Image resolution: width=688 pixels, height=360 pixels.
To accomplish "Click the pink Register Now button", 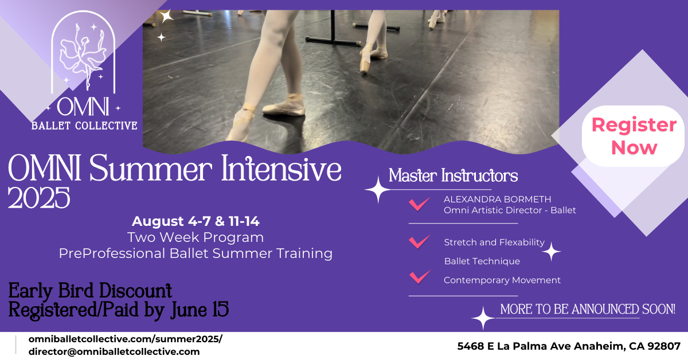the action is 634,136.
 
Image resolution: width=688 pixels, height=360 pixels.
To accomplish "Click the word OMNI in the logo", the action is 83,107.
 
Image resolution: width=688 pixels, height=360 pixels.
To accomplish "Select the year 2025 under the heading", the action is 39,198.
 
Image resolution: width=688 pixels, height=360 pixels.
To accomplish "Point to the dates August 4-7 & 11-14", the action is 196,221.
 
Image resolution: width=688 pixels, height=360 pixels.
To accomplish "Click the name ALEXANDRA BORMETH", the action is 497,199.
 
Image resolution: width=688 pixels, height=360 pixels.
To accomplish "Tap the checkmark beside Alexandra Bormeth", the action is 419,204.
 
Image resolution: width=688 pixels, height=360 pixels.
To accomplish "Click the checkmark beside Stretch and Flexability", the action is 419,241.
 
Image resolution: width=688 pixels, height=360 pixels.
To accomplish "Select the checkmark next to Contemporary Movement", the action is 420,276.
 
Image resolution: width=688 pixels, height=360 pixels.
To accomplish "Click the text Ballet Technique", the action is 482,261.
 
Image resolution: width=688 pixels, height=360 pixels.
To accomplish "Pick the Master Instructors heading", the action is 453,175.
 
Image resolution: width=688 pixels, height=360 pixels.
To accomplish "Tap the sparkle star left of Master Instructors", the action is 377,190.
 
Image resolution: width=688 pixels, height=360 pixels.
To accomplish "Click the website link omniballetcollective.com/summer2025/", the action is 126,339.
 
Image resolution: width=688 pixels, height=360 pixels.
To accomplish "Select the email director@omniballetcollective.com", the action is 114,352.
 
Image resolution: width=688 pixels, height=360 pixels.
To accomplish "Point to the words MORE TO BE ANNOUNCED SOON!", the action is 588,310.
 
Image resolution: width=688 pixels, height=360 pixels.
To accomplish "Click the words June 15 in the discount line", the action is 200,310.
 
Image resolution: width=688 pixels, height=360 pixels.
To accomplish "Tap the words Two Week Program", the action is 196,237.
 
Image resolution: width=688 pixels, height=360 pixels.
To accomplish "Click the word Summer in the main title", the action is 150,169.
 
